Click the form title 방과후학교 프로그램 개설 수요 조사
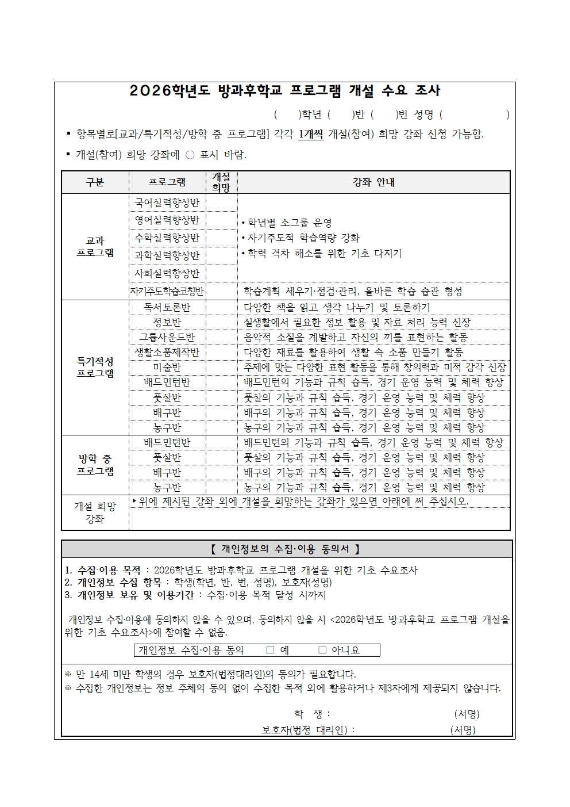click(x=285, y=91)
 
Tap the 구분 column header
click(x=95, y=182)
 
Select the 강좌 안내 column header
click(x=373, y=182)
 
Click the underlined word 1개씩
click(x=311, y=135)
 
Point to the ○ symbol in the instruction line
click(x=190, y=155)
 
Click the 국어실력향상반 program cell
click(x=167, y=202)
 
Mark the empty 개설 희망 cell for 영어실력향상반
click(x=221, y=220)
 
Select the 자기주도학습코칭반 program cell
click(x=167, y=292)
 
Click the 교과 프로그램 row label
click(x=95, y=247)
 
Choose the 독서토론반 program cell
click(x=167, y=308)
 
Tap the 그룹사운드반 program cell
click(x=167, y=337)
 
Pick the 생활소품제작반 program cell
click(x=167, y=352)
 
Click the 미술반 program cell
click(x=167, y=367)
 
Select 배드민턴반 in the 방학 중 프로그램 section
click(x=167, y=443)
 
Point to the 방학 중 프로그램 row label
click(x=95, y=465)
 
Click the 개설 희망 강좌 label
click(x=95, y=512)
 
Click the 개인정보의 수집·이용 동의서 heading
click(x=285, y=549)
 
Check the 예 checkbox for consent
click(x=270, y=650)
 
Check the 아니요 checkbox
click(x=322, y=650)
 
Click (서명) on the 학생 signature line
click(x=466, y=714)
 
